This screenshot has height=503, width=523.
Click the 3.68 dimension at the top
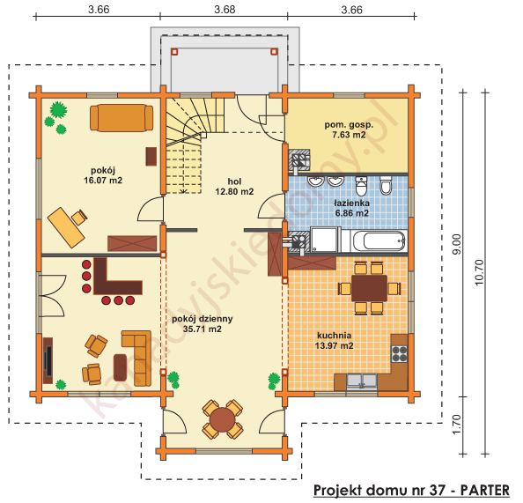click(224, 10)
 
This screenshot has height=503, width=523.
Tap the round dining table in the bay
click(222, 418)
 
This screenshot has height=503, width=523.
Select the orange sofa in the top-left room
click(120, 116)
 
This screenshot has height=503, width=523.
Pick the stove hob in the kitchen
click(399, 352)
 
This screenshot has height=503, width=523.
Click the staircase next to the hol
click(188, 145)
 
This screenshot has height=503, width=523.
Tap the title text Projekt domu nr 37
click(409, 489)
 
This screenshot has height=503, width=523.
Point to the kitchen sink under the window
click(361, 381)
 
